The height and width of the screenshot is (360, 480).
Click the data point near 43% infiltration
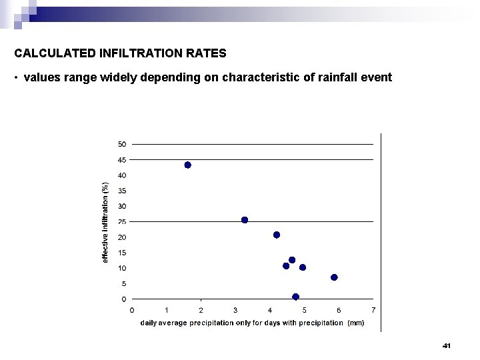click(x=187, y=165)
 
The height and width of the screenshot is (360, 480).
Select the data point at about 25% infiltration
click(x=245, y=220)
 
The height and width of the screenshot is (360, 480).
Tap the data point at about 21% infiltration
click(x=277, y=235)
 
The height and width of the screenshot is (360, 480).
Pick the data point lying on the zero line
click(x=295, y=297)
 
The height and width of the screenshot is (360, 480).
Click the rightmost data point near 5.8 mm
click(x=334, y=277)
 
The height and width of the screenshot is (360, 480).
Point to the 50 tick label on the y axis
click(x=122, y=144)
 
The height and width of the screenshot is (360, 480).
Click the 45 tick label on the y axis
click(x=122, y=160)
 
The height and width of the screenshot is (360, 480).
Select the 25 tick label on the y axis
click(x=122, y=222)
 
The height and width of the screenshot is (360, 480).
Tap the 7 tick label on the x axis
click(x=373, y=310)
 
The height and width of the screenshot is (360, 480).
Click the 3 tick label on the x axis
click(x=235, y=310)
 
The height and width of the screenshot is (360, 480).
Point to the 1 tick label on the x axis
click(x=166, y=310)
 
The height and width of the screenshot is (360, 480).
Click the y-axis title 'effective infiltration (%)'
click(x=105, y=222)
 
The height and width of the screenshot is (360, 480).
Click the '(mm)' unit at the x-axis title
click(x=356, y=323)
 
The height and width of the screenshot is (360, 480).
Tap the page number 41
click(x=447, y=346)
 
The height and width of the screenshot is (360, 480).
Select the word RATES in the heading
click(x=207, y=53)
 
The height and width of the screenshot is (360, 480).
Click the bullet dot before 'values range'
click(x=15, y=79)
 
